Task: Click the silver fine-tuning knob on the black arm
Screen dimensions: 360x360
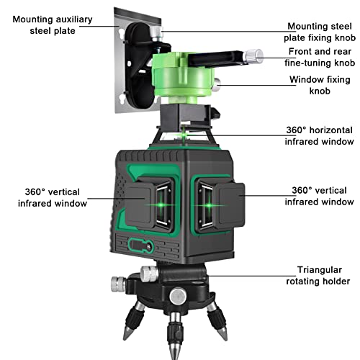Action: [x=252, y=54]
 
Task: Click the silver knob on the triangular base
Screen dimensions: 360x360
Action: [x=147, y=272]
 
